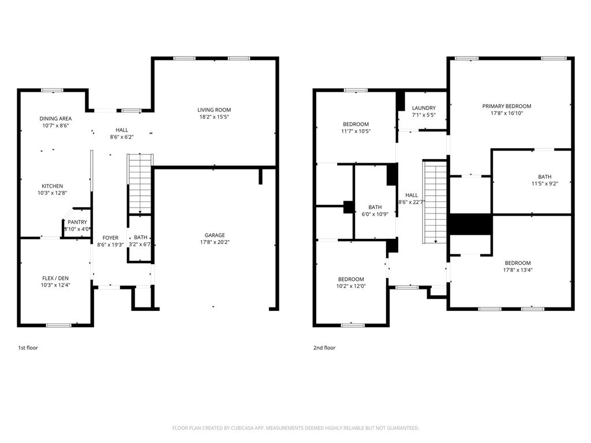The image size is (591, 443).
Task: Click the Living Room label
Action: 214,110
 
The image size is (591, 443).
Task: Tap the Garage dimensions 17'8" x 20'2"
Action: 215,242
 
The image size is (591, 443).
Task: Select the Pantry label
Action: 77,222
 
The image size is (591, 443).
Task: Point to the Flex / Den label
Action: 55,278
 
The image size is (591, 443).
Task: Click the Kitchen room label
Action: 52,186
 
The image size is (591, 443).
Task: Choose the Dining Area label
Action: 55,118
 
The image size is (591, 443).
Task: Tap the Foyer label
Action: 110,238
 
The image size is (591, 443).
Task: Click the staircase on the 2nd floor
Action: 436,202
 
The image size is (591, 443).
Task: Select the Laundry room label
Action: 424,108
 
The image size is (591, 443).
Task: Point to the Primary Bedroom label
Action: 507,106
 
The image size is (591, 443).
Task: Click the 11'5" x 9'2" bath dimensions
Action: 544,184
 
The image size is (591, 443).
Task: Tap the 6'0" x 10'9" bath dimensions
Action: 375,214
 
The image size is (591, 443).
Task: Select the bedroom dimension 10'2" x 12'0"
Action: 351,286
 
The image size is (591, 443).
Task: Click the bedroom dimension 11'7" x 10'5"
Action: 356,131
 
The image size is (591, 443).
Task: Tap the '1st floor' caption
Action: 28,348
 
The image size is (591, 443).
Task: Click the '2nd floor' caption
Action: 324,348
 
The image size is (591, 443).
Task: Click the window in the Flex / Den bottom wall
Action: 58,325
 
